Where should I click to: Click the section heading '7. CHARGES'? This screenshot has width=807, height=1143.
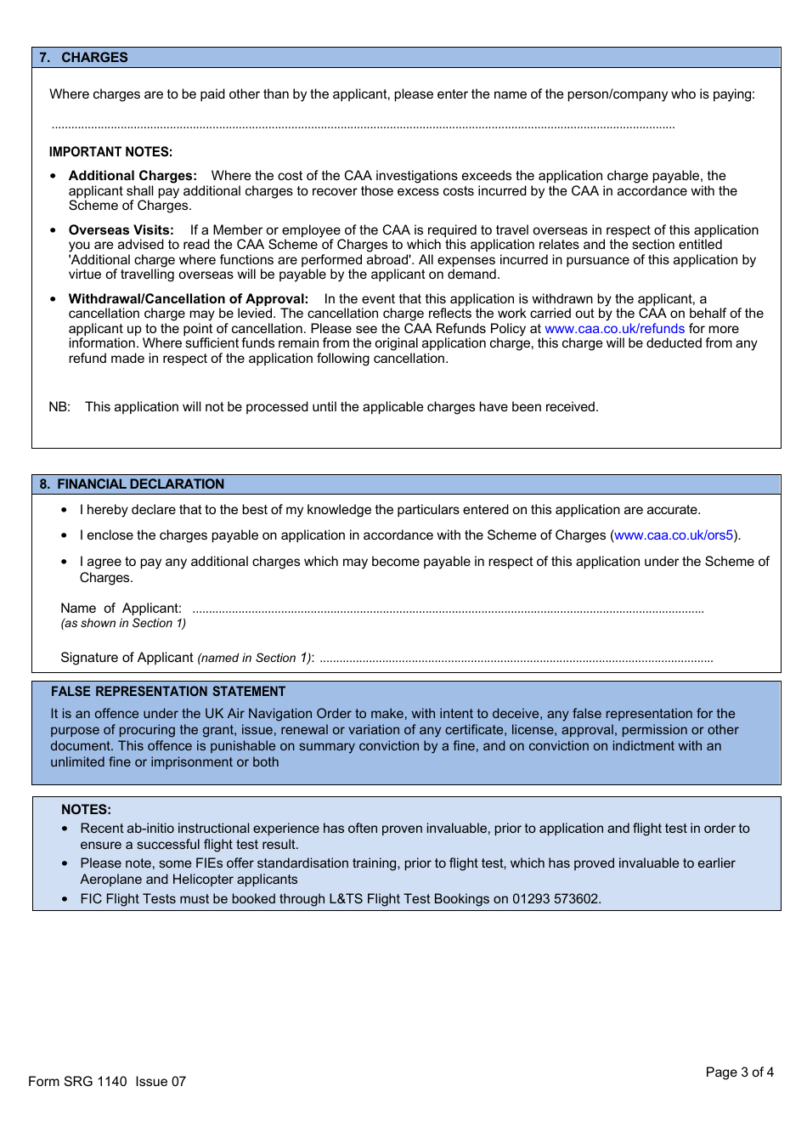pos(83,58)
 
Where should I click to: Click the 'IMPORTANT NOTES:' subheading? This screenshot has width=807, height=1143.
pos(110,152)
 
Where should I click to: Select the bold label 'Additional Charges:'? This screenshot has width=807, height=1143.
pos(133,176)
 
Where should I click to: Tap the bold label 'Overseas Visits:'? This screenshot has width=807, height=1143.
pos(121,230)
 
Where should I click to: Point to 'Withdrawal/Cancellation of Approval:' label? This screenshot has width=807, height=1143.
pos(188,299)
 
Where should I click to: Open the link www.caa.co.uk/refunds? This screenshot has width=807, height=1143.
pos(614,329)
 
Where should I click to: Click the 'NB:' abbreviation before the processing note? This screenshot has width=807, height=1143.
pos(59,407)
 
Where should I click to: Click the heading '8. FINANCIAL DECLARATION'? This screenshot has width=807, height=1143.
pos(133,484)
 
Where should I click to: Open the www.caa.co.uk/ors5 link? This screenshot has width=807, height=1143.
pos(673,535)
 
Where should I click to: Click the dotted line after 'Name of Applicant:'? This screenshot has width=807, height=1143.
pos(448,611)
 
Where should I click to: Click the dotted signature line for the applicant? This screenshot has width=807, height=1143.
pos(516,660)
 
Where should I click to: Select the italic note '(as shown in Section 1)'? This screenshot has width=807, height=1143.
pos(123,624)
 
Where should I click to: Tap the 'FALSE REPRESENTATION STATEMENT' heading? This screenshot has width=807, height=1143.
pos(168,692)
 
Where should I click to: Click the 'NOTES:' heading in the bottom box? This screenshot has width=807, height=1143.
pos(86,810)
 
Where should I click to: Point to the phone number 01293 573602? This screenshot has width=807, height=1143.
pos(556,899)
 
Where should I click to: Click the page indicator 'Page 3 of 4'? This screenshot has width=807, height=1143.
pos(739,1072)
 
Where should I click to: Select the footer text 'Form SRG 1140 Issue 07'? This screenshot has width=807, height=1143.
pos(107,1082)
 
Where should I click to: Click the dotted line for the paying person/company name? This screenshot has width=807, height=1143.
pos(363,127)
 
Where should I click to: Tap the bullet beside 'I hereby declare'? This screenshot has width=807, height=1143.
pos(64,511)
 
